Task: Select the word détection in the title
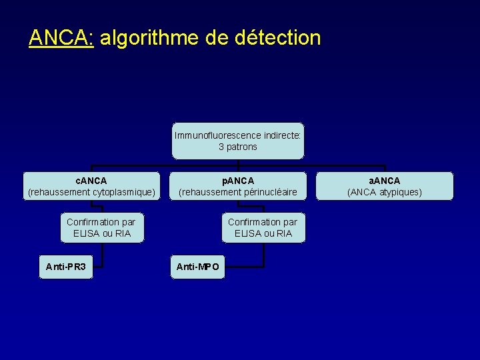(278, 37)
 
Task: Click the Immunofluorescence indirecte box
(238, 141)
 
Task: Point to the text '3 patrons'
(238, 147)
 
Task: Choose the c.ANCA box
(91, 186)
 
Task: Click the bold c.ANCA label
(91, 181)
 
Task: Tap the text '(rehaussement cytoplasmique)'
(91, 192)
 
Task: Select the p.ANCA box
(238, 186)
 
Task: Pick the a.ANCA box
(385, 186)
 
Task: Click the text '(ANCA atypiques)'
(385, 192)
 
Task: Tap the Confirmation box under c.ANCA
(101, 227)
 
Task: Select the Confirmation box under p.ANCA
(263, 227)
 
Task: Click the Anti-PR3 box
(66, 267)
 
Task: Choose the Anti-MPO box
(197, 267)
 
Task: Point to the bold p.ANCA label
(238, 181)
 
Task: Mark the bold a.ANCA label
(385, 181)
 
